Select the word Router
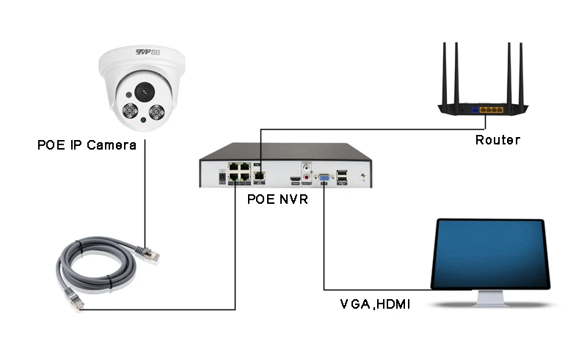[x=497, y=140]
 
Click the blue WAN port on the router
[x=475, y=109]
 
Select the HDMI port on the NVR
[x=295, y=178]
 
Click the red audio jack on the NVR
[x=308, y=166]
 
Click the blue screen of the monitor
[x=491, y=254]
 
